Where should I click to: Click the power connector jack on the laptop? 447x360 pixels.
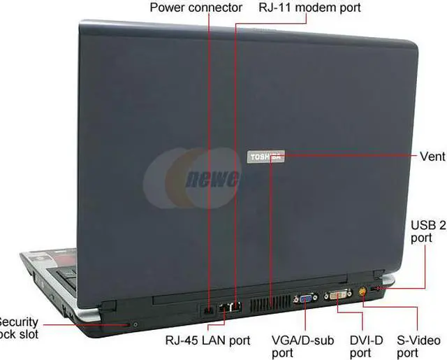(207, 308)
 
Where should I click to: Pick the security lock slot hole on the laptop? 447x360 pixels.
(133, 324)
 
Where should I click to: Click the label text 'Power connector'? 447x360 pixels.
(196, 8)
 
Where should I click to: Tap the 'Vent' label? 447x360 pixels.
(432, 156)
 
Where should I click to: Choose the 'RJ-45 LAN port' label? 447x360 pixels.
(207, 340)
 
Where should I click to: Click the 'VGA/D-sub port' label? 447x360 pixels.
(302, 347)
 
